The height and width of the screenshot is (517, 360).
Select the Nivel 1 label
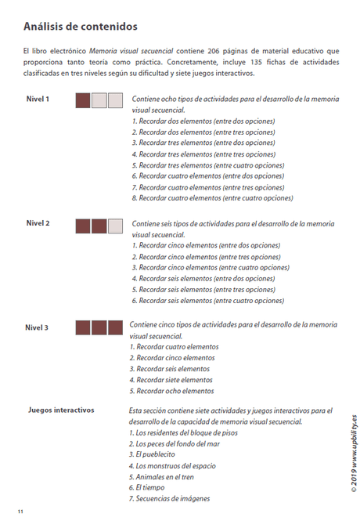pos(38,99)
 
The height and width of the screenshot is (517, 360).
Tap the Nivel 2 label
pos(38,223)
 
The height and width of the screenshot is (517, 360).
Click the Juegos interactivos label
pos(61,410)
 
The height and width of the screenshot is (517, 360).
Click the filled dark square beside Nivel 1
pos(83,100)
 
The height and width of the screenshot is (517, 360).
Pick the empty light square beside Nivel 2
pos(115,226)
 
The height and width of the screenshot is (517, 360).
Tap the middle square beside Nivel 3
pos(99,327)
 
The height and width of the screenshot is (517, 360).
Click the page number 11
pos(21,511)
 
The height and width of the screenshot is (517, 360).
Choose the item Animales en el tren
pos(164,476)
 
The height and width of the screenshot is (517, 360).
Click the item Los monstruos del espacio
pos(175,465)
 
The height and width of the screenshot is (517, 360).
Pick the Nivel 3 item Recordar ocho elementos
pos(174,390)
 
